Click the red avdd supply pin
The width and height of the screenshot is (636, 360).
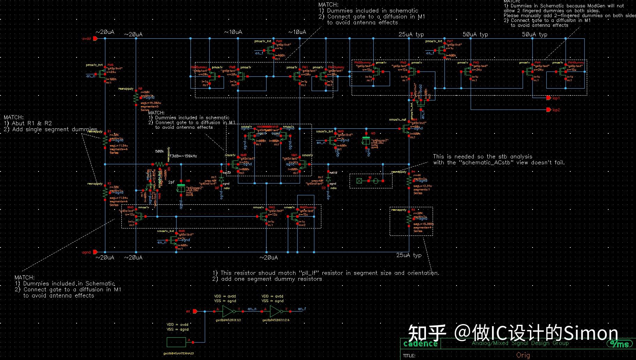[95, 38]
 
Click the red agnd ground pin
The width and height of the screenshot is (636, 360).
[95, 252]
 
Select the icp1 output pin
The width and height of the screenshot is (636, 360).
[549, 98]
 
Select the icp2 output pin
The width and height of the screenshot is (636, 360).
[549, 110]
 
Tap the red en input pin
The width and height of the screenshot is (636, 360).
[195, 311]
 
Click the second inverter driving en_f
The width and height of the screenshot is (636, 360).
[275, 311]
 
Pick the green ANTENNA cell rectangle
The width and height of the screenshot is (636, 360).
[176, 342]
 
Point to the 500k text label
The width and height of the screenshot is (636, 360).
[159, 151]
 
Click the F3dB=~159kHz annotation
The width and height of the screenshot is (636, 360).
[183, 156]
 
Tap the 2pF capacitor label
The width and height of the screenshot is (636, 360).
[171, 182]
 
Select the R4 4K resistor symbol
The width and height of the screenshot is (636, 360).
[409, 181]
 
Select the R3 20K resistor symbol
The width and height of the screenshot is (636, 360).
[409, 218]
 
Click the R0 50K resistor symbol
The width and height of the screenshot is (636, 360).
[136, 98]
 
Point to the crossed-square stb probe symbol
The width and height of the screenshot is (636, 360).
[359, 181]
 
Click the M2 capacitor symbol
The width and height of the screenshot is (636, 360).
[366, 141]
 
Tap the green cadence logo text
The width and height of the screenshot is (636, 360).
[420, 344]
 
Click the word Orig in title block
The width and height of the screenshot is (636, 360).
[523, 355]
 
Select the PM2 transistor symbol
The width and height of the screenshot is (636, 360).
[468, 72]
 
